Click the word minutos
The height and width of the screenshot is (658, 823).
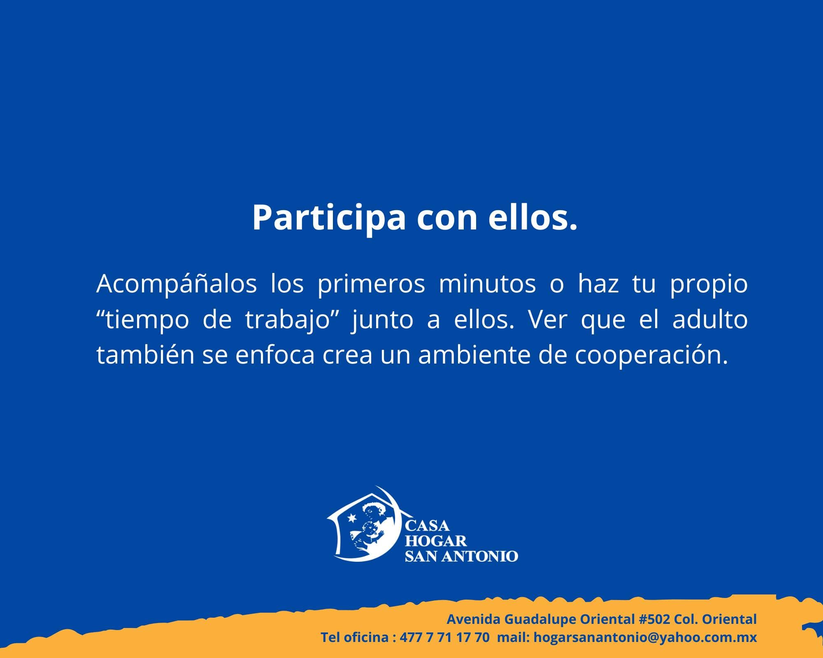click(x=488, y=284)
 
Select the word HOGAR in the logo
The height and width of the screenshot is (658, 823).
click(x=436, y=541)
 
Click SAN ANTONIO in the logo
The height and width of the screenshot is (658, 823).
click(x=461, y=556)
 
